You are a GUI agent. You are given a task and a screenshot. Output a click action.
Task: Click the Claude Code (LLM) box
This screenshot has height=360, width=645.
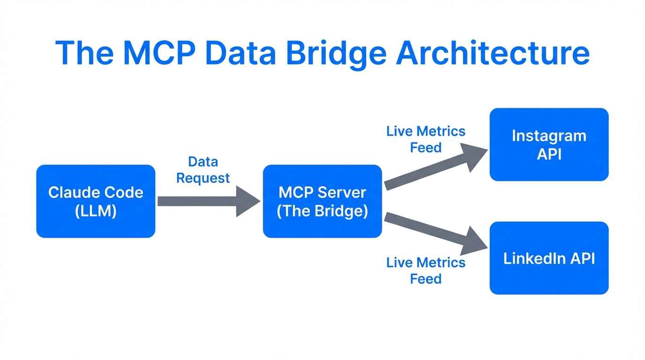pos(96,201)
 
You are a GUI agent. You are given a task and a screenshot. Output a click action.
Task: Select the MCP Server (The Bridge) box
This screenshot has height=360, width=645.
pos(322,201)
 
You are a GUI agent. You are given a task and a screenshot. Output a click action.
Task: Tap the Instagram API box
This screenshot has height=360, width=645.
pos(549,144)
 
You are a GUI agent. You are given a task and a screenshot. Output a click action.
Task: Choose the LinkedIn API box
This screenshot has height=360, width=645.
pos(549,258)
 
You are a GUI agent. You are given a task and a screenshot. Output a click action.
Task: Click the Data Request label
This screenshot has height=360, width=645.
pos(203,170)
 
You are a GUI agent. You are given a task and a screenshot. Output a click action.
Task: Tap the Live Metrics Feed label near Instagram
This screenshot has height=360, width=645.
pos(426,139)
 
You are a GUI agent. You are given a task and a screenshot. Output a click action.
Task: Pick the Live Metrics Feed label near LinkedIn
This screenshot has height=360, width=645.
pos(426,270)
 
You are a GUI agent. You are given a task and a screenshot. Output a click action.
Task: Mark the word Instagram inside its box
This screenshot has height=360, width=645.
pos(549,135)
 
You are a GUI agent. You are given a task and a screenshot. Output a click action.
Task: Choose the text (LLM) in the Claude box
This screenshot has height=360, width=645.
pos(96,210)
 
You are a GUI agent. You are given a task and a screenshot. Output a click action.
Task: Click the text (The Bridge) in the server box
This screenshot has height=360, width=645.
pos(322,210)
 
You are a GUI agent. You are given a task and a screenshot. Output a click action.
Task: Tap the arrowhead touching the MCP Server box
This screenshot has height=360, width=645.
pos(248,201)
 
